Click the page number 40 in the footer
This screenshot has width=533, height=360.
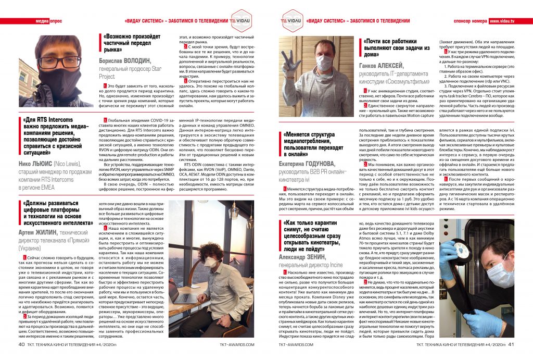coord(21,344)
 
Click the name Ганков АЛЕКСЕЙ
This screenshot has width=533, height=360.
coord(382,66)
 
